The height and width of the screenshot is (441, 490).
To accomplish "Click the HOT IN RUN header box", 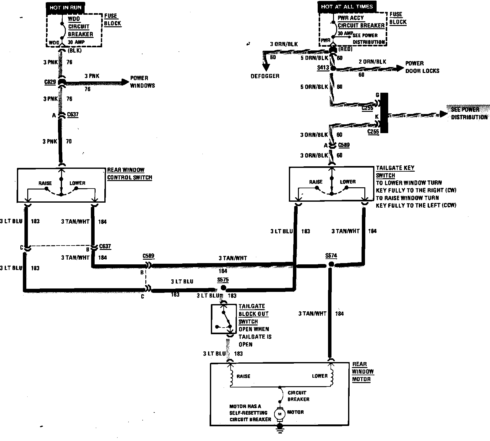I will pos(65,8).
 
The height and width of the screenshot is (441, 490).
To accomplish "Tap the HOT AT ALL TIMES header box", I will pos(347,7).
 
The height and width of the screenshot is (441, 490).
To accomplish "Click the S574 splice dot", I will pos(331,265).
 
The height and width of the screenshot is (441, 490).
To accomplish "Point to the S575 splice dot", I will pos(223,288).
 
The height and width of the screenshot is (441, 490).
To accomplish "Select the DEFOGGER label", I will pos(265,76).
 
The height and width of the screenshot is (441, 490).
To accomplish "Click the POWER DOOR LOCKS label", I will pos(422,67).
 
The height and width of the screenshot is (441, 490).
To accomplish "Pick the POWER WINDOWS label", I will pos(142,82).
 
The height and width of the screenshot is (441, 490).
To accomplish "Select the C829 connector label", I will pos(50,82).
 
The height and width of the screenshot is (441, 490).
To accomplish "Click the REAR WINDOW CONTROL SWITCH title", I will pos(129,174).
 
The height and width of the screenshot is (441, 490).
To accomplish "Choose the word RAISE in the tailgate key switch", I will pos(315,182).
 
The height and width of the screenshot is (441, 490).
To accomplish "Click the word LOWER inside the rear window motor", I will pos(320,376).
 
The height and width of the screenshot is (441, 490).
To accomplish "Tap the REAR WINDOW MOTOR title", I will pos(362,372).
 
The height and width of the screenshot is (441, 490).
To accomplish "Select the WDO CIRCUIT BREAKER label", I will pos(80,27).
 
